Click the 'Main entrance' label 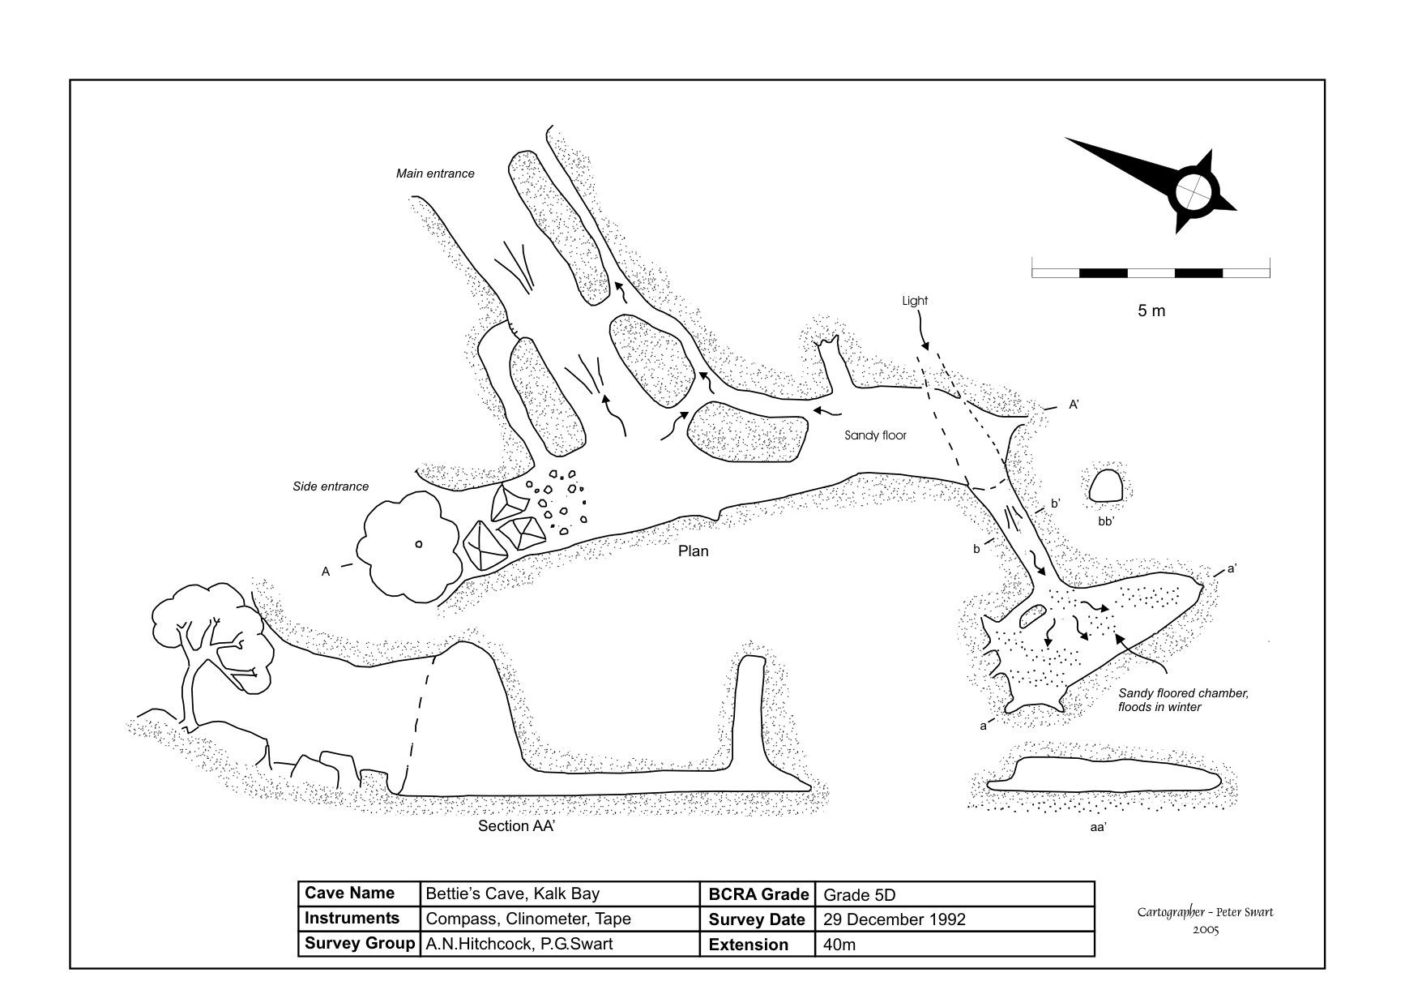435,174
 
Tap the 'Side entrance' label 331,486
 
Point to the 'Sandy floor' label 875,435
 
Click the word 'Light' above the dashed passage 915,301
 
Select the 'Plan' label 693,551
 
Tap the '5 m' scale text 1151,311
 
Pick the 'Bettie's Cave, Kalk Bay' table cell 513,894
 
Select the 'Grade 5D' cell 860,895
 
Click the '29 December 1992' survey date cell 895,919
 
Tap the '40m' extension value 839,945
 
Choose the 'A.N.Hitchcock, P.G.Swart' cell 519,944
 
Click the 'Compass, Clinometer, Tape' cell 528,919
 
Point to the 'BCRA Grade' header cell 758,894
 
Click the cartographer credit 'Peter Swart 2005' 1205,919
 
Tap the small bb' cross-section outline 1105,486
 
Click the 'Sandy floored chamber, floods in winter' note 1183,700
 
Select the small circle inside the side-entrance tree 419,544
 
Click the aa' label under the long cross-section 1098,827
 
